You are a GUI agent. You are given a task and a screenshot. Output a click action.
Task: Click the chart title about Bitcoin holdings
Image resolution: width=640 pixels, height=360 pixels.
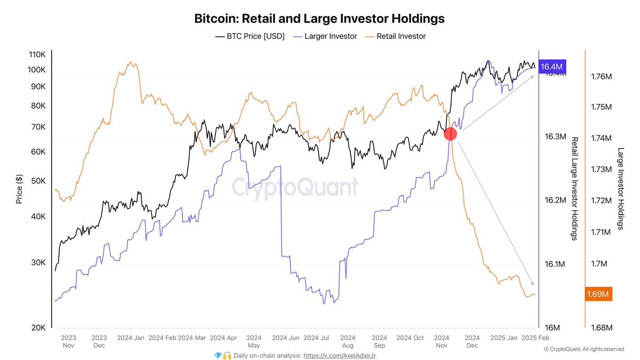(319, 19)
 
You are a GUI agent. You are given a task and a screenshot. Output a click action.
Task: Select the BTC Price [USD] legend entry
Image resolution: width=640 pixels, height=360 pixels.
(250, 36)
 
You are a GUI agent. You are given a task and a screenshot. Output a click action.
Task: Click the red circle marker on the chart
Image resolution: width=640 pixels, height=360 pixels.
(451, 134)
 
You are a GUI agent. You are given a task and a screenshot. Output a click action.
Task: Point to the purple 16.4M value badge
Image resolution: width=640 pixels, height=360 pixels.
(551, 67)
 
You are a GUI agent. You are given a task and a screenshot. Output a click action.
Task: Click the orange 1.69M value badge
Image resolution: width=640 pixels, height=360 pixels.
(598, 294)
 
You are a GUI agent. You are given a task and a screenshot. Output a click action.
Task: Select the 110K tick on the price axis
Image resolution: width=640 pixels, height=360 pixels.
(37, 55)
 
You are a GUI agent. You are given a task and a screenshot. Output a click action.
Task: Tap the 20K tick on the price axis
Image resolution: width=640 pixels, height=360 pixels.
(38, 327)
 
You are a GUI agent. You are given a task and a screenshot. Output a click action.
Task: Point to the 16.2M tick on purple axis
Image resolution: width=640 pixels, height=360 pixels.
(555, 201)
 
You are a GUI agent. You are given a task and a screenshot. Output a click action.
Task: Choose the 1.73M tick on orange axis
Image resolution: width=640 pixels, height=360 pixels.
(601, 169)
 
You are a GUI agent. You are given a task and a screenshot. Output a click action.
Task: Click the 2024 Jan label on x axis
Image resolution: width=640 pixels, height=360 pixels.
(130, 338)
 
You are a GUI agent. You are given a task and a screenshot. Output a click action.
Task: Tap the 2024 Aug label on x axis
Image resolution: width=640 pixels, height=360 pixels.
(348, 341)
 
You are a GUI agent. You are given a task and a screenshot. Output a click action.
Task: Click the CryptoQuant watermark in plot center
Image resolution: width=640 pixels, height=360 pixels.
(295, 187)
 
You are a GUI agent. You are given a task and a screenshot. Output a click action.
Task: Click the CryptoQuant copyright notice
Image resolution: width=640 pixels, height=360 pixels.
(583, 349)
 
